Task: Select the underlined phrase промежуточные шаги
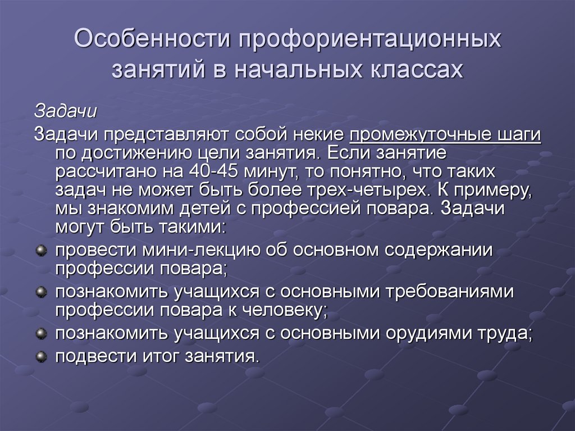click(x=445, y=135)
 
